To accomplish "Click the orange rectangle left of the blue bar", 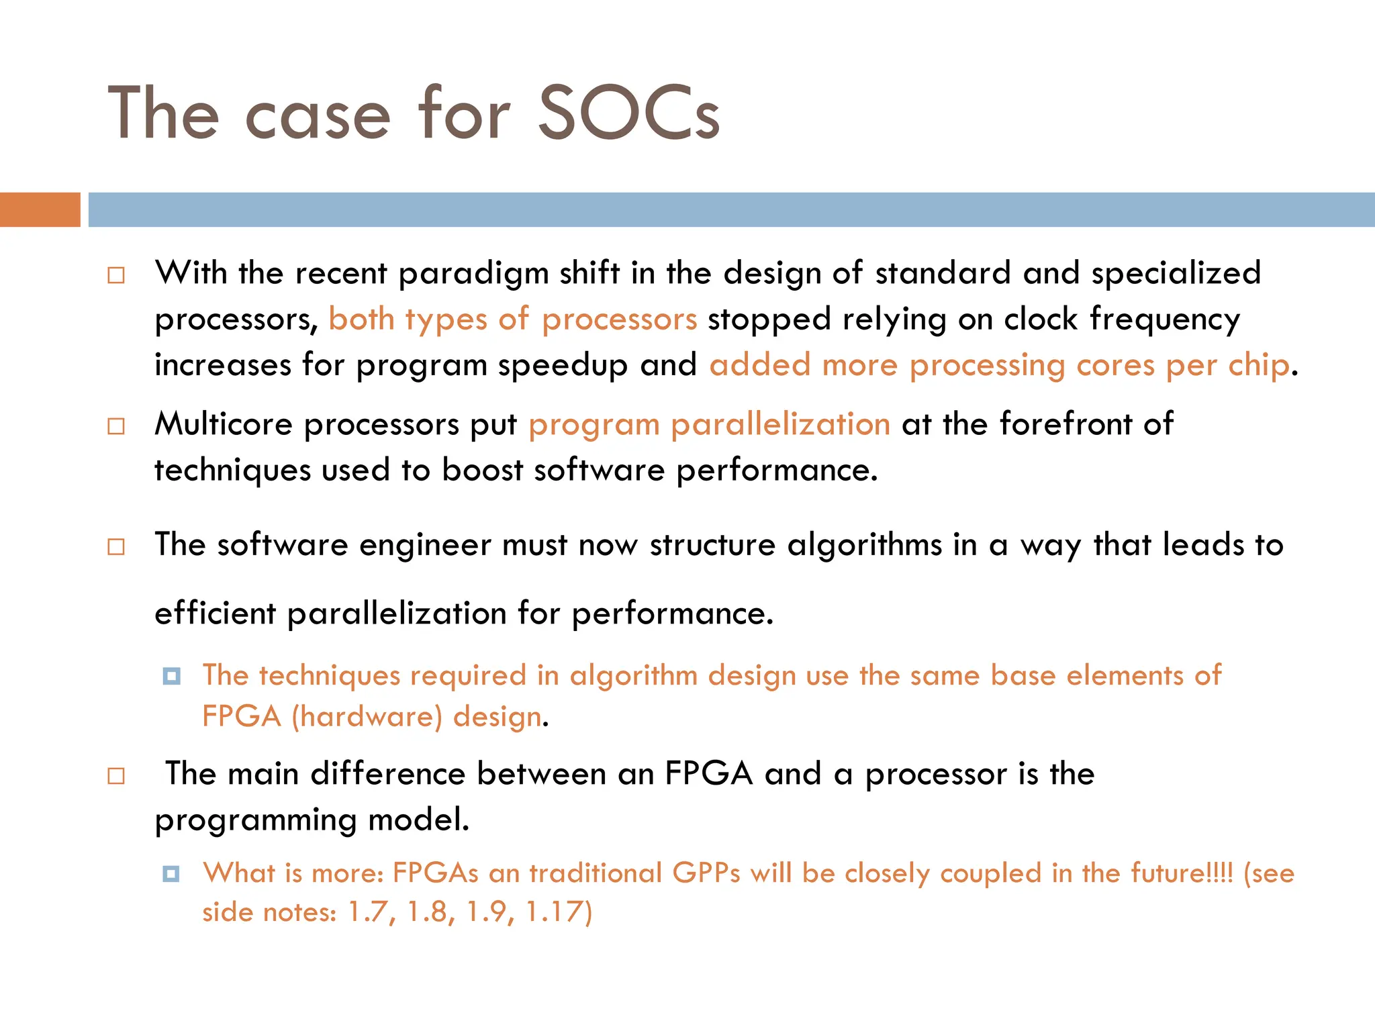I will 40,209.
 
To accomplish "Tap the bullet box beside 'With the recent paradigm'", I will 116,275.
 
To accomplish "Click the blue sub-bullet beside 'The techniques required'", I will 172,676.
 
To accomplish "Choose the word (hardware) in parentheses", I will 367,717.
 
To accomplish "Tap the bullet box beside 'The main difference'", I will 116,777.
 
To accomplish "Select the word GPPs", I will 706,873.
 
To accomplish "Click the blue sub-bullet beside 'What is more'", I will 172,874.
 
